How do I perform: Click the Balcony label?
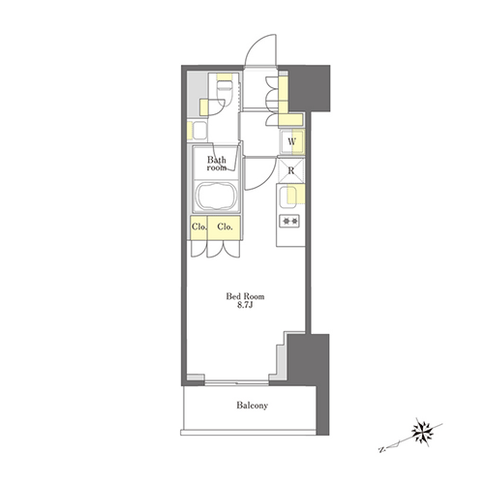point(252,406)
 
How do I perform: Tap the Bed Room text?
point(245,296)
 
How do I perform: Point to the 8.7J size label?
point(245,305)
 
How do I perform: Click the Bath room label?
point(217,164)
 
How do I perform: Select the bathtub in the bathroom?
point(216,197)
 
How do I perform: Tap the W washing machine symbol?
point(292,141)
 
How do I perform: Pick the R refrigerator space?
point(291,170)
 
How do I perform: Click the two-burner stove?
point(290,222)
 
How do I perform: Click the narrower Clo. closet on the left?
point(198,227)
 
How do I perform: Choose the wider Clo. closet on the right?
point(225,227)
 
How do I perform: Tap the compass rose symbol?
point(422,432)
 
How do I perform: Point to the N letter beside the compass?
point(381,449)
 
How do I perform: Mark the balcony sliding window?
point(236,383)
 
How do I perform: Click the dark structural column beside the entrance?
point(309,88)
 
